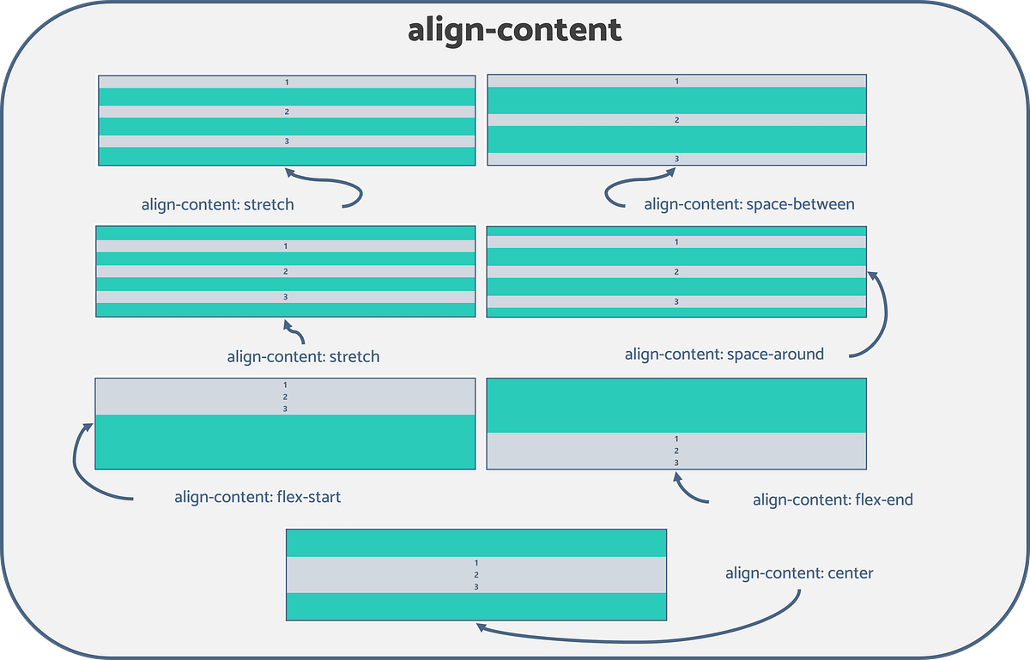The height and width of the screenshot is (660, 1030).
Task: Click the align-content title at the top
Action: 514,30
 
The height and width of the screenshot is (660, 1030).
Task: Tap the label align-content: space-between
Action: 748,204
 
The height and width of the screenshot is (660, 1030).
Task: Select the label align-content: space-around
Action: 724,354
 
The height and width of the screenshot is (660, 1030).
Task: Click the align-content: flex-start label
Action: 257,496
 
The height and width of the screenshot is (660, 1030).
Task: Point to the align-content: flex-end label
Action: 832,500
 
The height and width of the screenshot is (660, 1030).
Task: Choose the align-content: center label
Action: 798,572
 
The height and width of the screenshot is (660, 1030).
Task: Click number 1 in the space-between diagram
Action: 676,82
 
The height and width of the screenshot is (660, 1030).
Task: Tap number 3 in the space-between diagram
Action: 676,159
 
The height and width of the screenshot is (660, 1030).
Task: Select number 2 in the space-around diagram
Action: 676,272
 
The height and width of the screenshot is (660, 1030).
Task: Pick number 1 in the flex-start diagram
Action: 285,385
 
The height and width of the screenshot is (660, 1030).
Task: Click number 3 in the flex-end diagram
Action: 676,463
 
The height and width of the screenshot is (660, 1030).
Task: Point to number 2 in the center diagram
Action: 476,574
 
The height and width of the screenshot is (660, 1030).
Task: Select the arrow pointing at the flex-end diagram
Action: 687,491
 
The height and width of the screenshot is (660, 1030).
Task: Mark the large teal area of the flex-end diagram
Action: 676,405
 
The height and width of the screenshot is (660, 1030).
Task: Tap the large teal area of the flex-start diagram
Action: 285,442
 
